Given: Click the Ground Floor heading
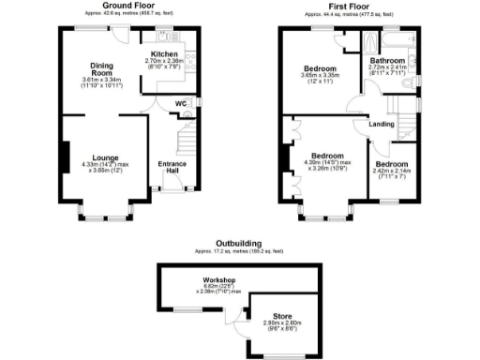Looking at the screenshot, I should (x=129, y=7).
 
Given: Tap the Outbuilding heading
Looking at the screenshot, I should (x=240, y=243).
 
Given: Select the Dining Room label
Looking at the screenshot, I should (x=101, y=68).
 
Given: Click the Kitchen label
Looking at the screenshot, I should (x=165, y=54).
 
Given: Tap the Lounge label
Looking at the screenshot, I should (x=105, y=157).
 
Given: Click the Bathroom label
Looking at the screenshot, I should (x=386, y=60).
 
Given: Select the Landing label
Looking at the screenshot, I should (x=382, y=123).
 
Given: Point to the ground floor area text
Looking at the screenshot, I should (x=130, y=15).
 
